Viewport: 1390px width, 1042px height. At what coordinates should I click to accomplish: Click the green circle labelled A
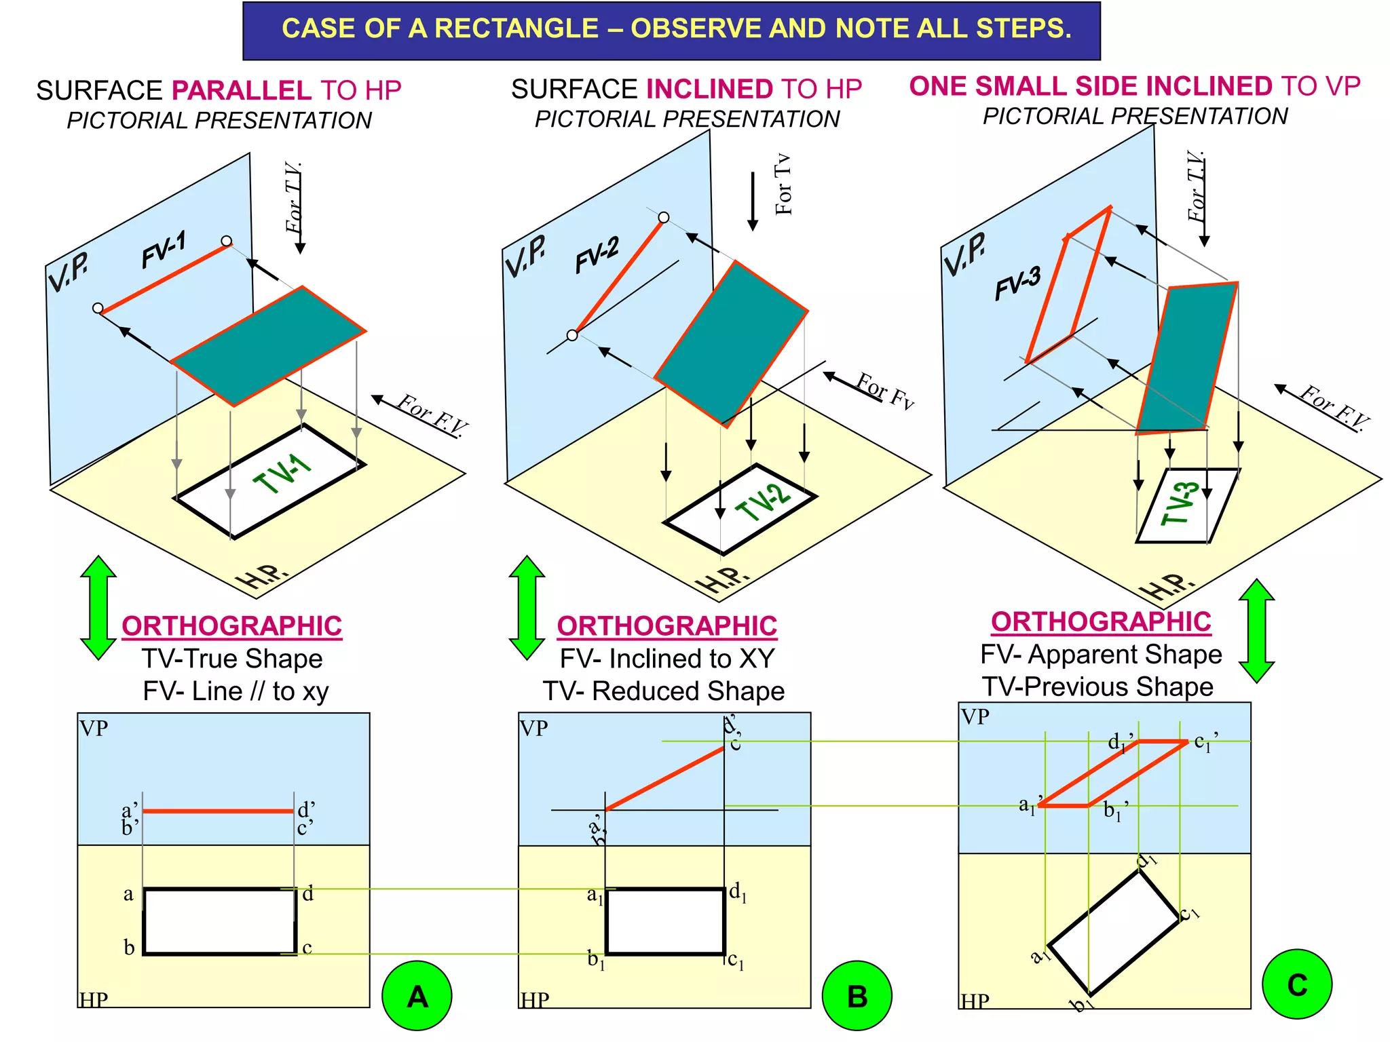(417, 995)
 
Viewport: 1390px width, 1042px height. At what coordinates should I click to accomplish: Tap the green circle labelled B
(857, 995)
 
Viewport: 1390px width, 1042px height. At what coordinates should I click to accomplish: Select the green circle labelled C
(1297, 984)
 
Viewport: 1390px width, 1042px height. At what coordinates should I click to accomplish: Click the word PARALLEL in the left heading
(242, 90)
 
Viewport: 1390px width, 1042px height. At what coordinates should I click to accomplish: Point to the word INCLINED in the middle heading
(709, 89)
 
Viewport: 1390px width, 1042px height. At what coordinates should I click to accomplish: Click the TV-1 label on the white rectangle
(282, 474)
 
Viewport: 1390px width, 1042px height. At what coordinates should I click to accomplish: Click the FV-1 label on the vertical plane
(164, 250)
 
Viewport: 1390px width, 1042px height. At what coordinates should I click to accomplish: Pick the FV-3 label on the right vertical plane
(1017, 283)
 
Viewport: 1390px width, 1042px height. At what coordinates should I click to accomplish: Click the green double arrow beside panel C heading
(1256, 630)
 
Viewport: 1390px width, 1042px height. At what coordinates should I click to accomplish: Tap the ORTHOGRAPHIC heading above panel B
(666, 625)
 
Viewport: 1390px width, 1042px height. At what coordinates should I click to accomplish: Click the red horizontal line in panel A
(218, 811)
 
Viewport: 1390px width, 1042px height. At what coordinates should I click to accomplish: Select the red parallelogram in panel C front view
(1113, 773)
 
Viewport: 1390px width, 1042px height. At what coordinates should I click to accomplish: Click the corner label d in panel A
(308, 893)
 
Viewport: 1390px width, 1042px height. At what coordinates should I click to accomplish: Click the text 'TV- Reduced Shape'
(663, 691)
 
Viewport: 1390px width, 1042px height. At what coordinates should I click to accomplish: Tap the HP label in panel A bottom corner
(94, 999)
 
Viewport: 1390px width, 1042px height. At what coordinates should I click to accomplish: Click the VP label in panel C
(975, 716)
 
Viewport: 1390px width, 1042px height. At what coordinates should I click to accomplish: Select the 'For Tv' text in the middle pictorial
(783, 185)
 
